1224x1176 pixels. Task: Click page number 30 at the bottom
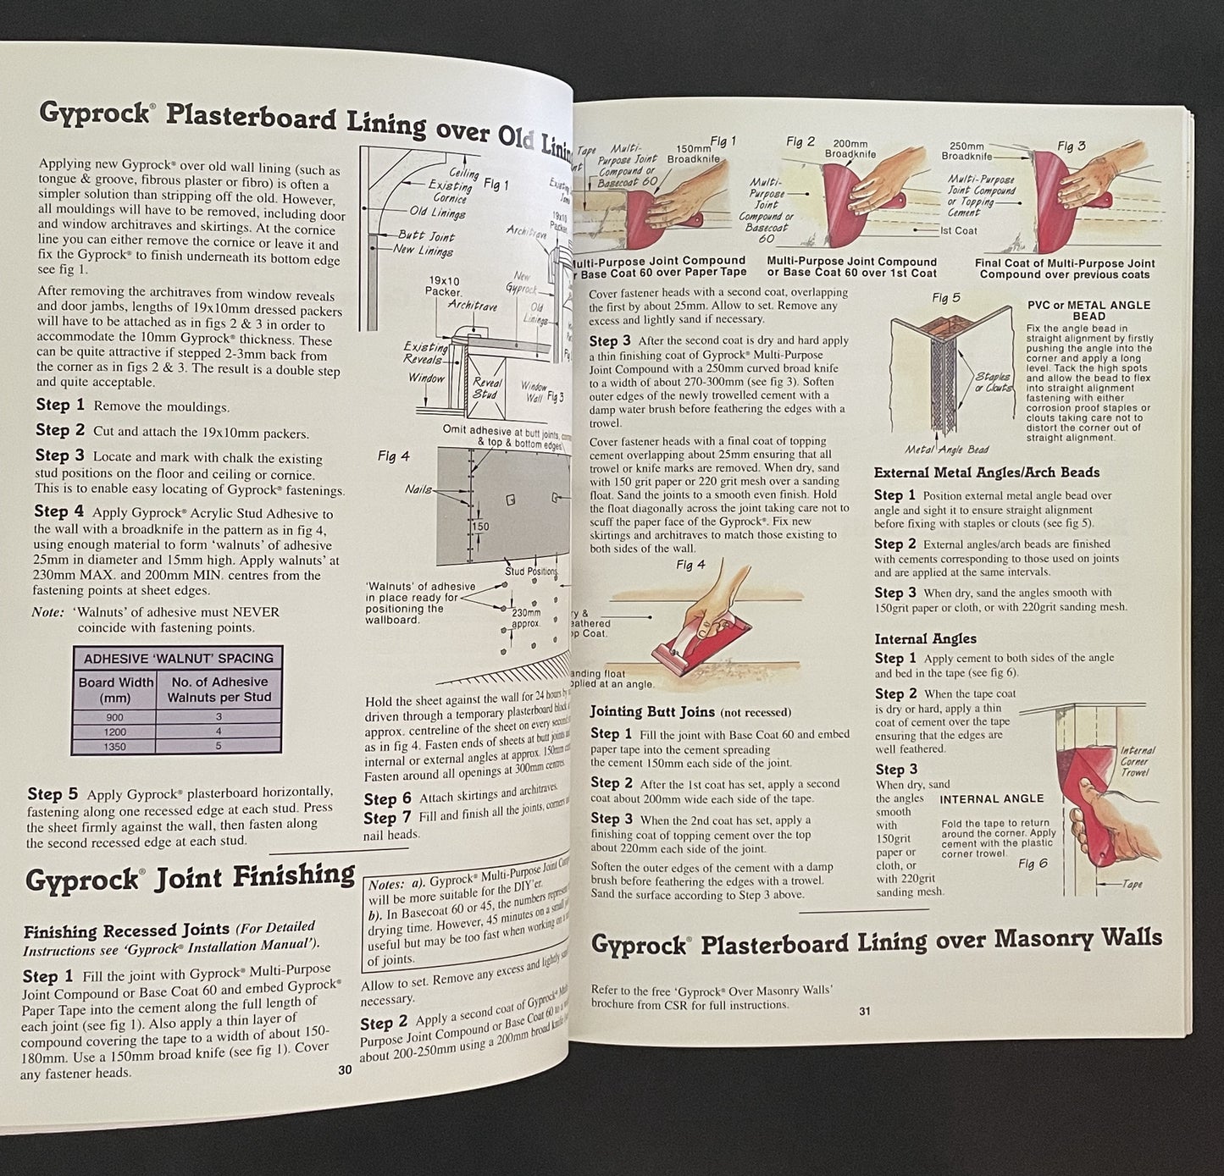(344, 1070)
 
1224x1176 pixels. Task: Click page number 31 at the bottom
(865, 1010)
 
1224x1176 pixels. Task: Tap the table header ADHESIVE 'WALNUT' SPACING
(178, 658)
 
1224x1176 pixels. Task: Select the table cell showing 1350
(114, 746)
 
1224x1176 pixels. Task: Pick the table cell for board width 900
(114, 717)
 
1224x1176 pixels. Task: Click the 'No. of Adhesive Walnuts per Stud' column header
(219, 689)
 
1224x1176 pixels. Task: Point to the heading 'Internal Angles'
(925, 638)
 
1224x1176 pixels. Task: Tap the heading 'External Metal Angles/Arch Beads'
(986, 472)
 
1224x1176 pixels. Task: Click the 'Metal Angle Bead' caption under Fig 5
(945, 449)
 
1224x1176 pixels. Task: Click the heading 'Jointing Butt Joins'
(652, 712)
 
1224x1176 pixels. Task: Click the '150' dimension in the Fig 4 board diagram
(480, 526)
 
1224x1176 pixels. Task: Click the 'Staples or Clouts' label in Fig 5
(992, 381)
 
